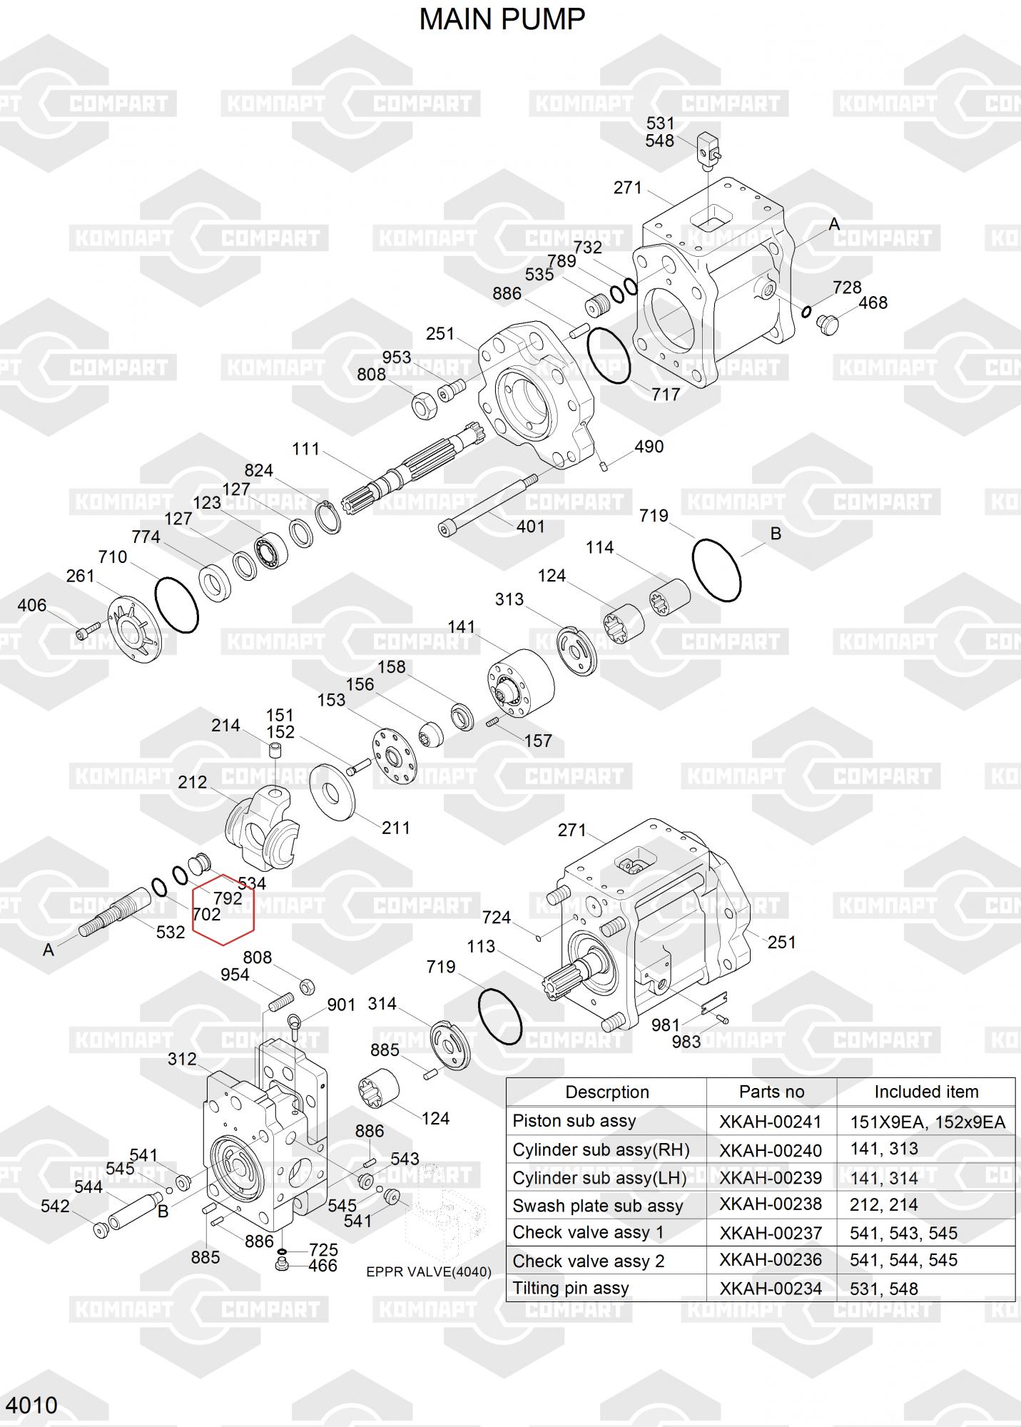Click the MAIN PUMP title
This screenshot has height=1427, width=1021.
click(x=502, y=19)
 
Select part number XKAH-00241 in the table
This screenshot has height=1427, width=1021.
click(x=770, y=1122)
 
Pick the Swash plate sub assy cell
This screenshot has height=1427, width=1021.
click(x=597, y=1206)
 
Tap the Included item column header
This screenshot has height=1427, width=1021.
click(x=925, y=1092)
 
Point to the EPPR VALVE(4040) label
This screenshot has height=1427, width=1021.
click(x=428, y=1271)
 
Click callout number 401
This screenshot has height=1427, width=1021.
click(x=530, y=526)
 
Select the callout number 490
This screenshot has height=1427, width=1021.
click(x=649, y=447)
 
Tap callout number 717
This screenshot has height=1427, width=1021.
click(x=665, y=394)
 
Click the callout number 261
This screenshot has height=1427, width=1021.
click(x=80, y=575)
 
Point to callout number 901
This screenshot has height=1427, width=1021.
click(x=341, y=1005)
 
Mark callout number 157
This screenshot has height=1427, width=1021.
click(x=537, y=741)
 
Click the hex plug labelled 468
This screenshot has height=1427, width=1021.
click(x=827, y=324)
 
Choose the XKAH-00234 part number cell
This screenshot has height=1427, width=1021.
click(x=770, y=1289)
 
